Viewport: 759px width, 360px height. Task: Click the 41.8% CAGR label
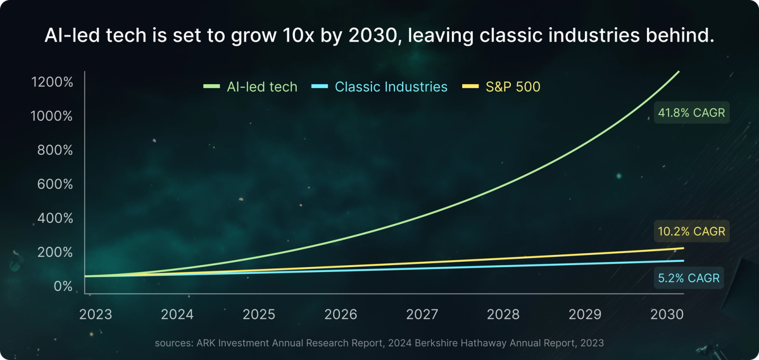tap(691, 113)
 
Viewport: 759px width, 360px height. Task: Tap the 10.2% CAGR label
tap(691, 232)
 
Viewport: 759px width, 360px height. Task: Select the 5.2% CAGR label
tap(688, 278)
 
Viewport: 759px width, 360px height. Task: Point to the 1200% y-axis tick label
tap(52, 82)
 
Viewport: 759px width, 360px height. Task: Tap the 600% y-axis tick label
tap(55, 184)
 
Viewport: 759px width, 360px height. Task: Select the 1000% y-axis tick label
tap(52, 116)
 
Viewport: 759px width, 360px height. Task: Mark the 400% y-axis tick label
tap(55, 218)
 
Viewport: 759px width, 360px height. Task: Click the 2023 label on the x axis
tap(96, 314)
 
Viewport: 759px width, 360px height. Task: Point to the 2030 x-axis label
tap(667, 314)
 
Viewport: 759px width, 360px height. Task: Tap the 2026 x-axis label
tap(341, 314)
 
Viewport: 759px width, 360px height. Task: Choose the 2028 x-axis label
tap(504, 314)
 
